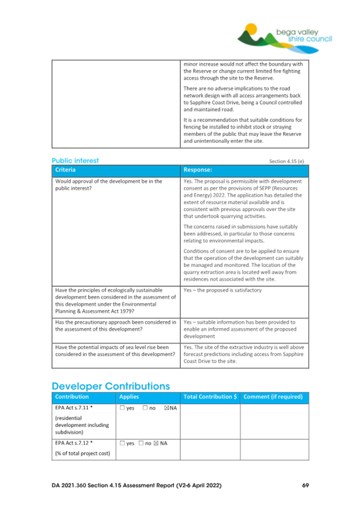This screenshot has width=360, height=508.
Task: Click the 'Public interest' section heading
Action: pyautogui.click(x=75, y=160)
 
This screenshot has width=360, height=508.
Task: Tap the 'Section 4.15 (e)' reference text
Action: pyautogui.click(x=289, y=161)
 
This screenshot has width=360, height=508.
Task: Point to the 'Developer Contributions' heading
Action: pyautogui.click(x=111, y=385)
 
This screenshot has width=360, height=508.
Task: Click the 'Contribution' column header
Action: pyautogui.click(x=72, y=397)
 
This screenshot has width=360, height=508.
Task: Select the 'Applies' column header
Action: pyautogui.click(x=129, y=397)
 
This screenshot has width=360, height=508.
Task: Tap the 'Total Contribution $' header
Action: pyautogui.click(x=210, y=397)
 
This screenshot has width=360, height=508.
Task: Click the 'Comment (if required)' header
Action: pyautogui.click(x=274, y=397)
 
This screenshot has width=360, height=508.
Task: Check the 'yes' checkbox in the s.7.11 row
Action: pyautogui.click(x=122, y=408)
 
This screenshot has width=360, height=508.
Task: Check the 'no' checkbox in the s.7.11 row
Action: pyautogui.click(x=145, y=408)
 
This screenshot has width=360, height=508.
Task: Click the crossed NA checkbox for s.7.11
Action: pyautogui.click(x=166, y=408)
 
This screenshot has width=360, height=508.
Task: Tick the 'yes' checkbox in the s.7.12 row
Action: pyautogui.click(x=122, y=442)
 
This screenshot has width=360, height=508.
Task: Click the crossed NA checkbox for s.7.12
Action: pyautogui.click(x=155, y=442)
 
